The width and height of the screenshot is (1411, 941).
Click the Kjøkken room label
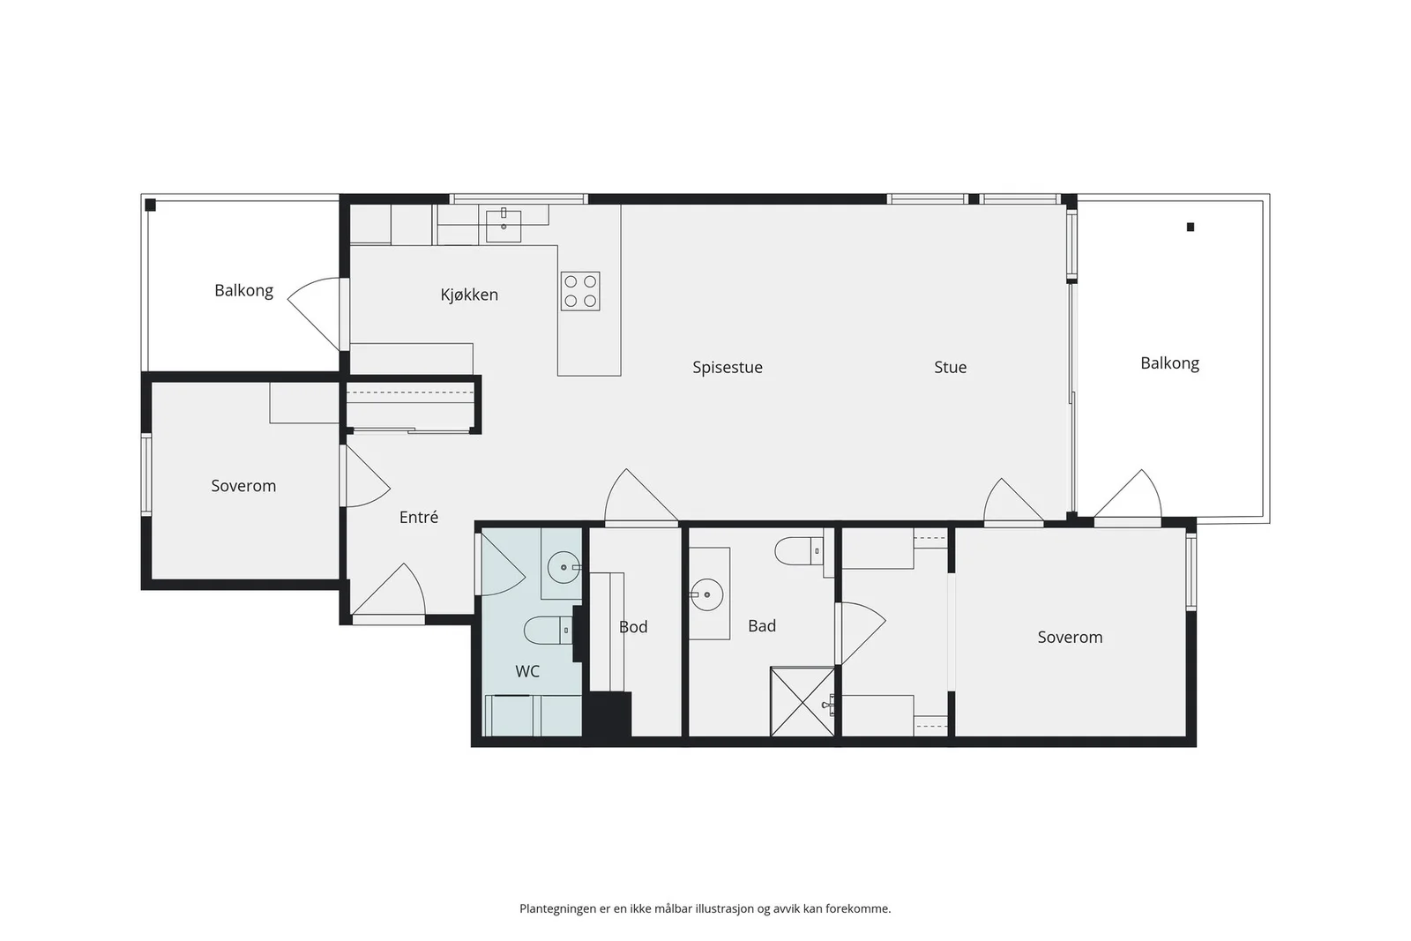[469, 295]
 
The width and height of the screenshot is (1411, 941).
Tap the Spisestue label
[728, 367]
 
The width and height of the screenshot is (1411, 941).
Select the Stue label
[950, 367]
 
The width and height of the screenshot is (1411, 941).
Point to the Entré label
[418, 517]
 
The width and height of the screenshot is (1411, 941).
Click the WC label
[527, 671]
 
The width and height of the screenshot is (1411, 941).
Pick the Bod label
[633, 627]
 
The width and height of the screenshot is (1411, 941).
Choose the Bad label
[762, 625]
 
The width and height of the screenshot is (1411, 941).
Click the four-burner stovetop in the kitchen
[580, 291]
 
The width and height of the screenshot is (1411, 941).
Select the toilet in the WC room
[548, 630]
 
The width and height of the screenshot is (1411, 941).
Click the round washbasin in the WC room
[564, 567]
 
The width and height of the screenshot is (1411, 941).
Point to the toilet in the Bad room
[799, 551]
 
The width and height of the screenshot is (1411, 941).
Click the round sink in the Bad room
[706, 594]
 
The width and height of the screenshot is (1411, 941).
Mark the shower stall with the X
[803, 701]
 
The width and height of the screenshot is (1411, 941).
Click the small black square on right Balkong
[1191, 228]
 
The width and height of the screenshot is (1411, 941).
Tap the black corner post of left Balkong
[151, 205]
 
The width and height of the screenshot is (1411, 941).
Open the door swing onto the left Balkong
[314, 314]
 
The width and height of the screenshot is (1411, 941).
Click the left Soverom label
[243, 486]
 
